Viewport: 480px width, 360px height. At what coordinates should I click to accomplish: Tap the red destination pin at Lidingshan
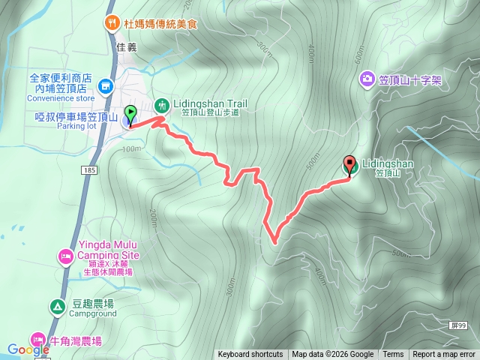349,164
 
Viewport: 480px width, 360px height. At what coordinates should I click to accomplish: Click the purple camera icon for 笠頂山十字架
367,78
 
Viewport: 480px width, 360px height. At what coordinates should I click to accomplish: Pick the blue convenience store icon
106,87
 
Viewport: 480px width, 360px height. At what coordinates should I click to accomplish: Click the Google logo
28,349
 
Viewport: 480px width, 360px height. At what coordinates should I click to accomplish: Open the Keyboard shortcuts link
250,355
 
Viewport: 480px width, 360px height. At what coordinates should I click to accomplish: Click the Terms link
393,355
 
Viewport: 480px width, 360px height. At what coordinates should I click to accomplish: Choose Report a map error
444,355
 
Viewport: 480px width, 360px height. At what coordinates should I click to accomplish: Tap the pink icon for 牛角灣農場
37,340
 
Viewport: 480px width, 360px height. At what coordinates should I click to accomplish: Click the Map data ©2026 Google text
333,355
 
